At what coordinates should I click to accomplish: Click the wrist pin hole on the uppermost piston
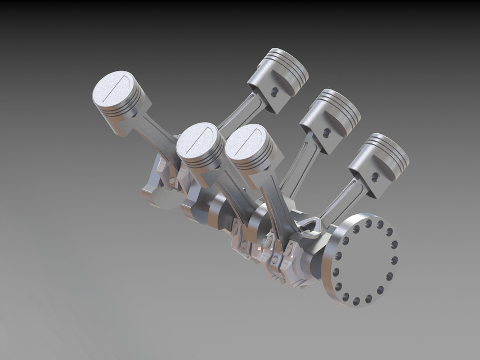[x=274, y=92]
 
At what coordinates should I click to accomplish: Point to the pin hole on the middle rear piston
[x=326, y=133]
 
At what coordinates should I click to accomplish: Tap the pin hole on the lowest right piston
[x=375, y=177]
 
